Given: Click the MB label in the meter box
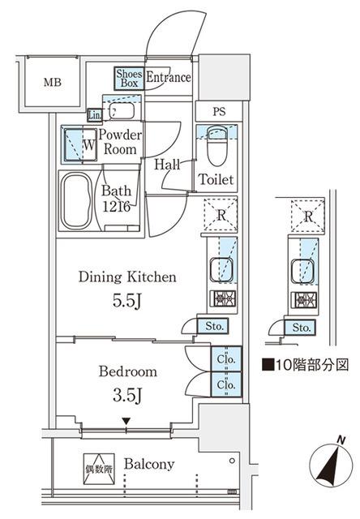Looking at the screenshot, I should coord(52,83).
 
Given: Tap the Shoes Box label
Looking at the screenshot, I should coord(129,78).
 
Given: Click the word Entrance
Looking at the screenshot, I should coord(169,78).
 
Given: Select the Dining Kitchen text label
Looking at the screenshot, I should coord(127,277).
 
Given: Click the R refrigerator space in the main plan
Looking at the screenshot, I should coord(220,217).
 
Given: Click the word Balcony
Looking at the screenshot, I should coord(151,465).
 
